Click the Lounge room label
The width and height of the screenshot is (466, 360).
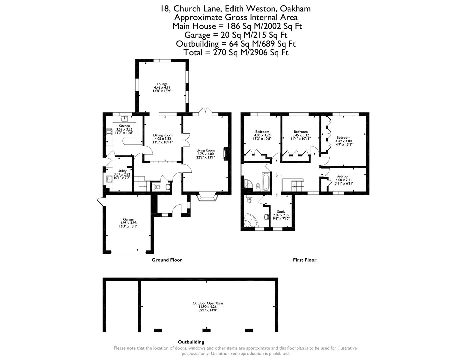pyautogui.click(x=162, y=84)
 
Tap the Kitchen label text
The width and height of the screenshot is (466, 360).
pyautogui.click(x=124, y=126)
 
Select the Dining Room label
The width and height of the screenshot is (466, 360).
pyautogui.click(x=163, y=135)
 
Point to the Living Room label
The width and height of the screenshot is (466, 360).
pyautogui.click(x=205, y=150)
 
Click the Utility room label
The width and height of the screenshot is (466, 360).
pyautogui.click(x=122, y=171)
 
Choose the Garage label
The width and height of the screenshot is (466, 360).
pyautogui.click(x=128, y=219)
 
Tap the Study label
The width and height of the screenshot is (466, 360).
pyautogui.click(x=281, y=212)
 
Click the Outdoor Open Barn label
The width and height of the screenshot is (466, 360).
pyautogui.click(x=208, y=303)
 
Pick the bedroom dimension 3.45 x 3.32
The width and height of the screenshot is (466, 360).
pyautogui.click(x=300, y=135)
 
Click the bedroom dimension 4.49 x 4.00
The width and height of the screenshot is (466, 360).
pyautogui.click(x=343, y=141)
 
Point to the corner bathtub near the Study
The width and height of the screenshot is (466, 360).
pyautogui.click(x=250, y=220)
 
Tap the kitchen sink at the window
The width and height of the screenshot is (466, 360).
pyautogui.click(x=125, y=119)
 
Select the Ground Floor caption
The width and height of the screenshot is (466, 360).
pyautogui.click(x=167, y=260)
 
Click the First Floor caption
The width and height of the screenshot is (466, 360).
pyautogui.click(x=304, y=260)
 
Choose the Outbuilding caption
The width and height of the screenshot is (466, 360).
pyautogui.click(x=191, y=342)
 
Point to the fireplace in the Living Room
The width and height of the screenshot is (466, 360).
pyautogui.click(x=226, y=154)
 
